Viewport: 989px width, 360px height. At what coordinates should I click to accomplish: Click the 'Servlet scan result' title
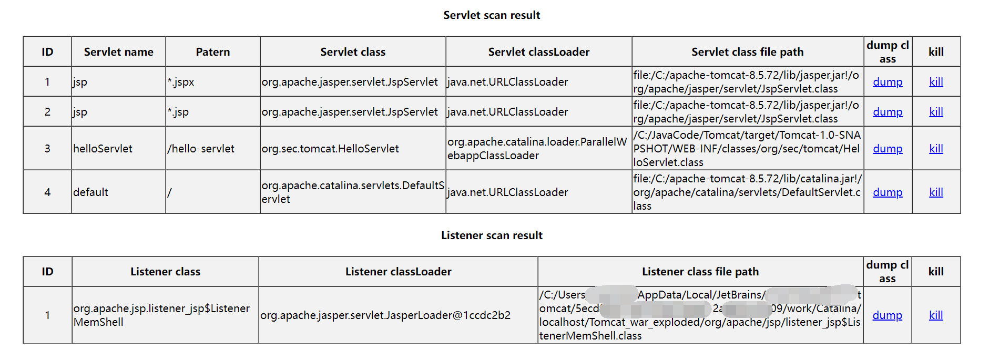492,15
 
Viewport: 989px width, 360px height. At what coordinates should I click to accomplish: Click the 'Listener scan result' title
492,235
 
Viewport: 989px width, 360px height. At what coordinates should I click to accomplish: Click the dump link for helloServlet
888,149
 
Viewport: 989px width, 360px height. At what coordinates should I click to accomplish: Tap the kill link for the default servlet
936,192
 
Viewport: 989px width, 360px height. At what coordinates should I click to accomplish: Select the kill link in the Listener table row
936,315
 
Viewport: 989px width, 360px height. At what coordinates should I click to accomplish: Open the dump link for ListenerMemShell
887,315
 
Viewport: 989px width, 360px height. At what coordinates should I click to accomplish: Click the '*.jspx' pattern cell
181,82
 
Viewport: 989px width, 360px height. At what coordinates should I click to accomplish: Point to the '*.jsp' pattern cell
178,112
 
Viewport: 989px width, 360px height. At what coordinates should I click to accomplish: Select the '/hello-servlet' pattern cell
201,149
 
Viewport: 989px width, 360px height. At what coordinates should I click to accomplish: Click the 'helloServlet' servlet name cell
103,149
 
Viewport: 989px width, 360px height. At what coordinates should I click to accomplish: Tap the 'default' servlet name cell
91,192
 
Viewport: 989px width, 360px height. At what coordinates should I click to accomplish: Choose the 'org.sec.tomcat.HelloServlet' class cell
330,149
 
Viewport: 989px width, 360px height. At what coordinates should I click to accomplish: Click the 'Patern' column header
213,52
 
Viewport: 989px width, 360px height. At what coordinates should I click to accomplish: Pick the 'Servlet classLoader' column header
538,52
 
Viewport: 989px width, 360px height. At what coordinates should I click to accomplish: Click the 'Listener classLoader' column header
398,272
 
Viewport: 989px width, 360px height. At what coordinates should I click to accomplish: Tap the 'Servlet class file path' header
747,52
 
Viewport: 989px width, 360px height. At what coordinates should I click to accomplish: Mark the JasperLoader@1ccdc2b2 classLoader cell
385,315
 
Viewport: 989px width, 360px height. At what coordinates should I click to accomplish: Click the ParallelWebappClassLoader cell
537,149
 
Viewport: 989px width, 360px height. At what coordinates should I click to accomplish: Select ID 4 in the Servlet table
47,192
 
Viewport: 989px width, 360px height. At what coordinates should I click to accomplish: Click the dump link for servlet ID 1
888,82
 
